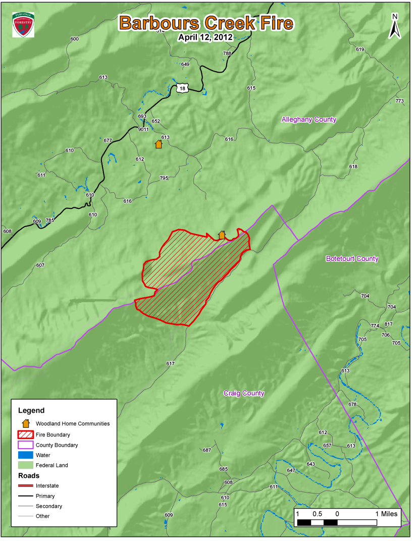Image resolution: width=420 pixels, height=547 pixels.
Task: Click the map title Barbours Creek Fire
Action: click(205, 23)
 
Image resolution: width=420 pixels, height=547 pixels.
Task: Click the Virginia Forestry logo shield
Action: click(23, 25)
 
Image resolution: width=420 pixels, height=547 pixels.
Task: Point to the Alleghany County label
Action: click(308, 120)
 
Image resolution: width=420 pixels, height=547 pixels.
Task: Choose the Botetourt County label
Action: click(352, 259)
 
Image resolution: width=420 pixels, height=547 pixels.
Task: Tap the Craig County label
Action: click(244, 393)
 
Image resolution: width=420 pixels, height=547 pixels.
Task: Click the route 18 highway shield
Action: click(182, 88)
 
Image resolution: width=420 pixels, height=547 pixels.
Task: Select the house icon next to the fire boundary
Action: click(222, 235)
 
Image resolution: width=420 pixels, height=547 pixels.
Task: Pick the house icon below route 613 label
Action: click(159, 144)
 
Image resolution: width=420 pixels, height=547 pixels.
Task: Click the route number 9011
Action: click(143, 129)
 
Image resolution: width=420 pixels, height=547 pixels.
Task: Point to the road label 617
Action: click(170, 363)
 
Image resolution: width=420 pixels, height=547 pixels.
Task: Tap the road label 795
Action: click(164, 178)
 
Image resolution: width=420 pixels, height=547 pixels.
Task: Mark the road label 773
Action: click(400, 101)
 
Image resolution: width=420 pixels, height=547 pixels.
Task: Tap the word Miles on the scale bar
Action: click(389, 514)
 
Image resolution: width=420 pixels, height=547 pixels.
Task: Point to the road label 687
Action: click(206, 450)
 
